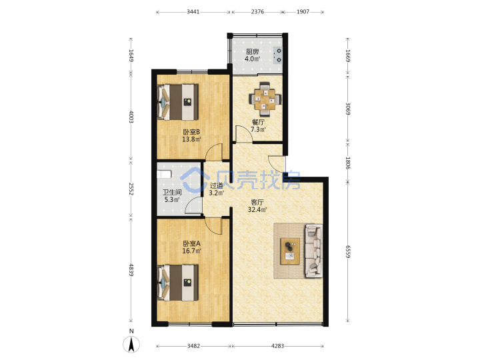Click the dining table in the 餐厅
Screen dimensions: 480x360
(265, 99)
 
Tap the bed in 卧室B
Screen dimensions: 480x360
(178, 102)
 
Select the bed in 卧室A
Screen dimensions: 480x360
(178, 283)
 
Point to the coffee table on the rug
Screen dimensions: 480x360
(290, 251)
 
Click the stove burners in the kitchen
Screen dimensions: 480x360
(279, 55)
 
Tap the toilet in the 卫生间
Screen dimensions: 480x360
(164, 174)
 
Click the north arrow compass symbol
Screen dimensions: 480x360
(131, 344)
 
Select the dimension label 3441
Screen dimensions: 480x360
(193, 12)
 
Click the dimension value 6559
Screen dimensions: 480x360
(348, 251)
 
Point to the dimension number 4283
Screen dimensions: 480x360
(277, 346)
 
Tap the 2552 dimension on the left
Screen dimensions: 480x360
(131, 189)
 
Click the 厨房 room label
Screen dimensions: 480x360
(252, 52)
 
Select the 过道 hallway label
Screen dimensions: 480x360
(217, 185)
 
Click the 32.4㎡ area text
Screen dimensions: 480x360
(257, 210)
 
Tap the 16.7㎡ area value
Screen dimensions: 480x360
(191, 251)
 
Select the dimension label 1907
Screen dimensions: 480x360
(303, 12)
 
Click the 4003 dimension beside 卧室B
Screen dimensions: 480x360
(131, 117)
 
